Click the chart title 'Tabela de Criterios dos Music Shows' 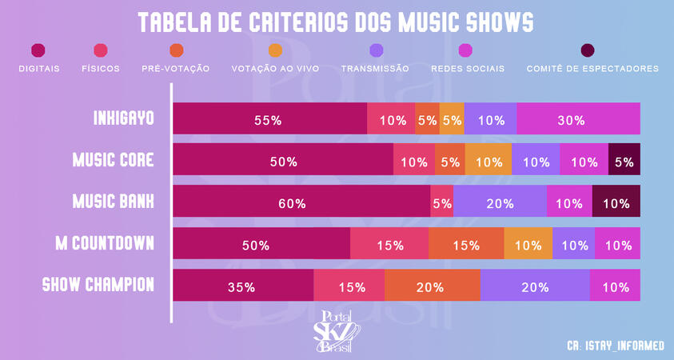coord(336,22)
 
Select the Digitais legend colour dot coord(38,51)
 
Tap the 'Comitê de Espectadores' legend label coord(592,69)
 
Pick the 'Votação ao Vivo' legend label coord(275,69)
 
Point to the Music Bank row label coord(113,202)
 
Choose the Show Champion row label coord(98,285)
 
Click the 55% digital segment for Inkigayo coord(269,119)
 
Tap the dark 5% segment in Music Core coord(624,161)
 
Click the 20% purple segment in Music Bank coord(500,202)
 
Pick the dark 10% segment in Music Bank coord(616,202)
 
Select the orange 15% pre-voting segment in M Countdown coord(466,244)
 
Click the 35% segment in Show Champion coord(242,286)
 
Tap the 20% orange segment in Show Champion coord(432,286)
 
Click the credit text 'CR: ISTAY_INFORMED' coord(615,346)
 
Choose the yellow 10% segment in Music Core coord(488,161)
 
